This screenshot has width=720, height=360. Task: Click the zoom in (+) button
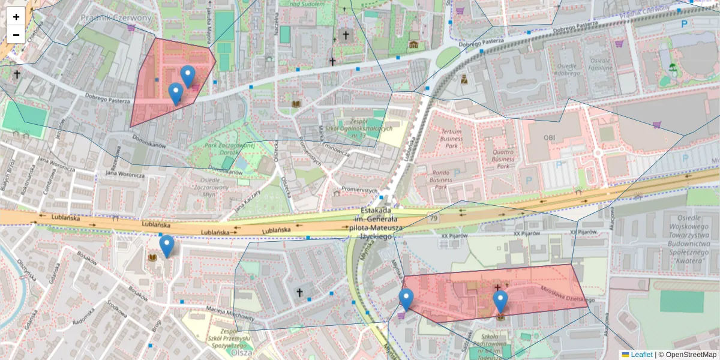pyautogui.click(x=16, y=17)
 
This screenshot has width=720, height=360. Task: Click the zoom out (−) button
pyautogui.click(x=16, y=34)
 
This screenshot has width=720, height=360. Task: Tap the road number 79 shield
pyautogui.click(x=433, y=218)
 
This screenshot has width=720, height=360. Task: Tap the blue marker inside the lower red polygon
pyautogui.click(x=500, y=301)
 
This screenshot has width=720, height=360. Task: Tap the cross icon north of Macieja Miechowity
pyautogui.click(x=299, y=292)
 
